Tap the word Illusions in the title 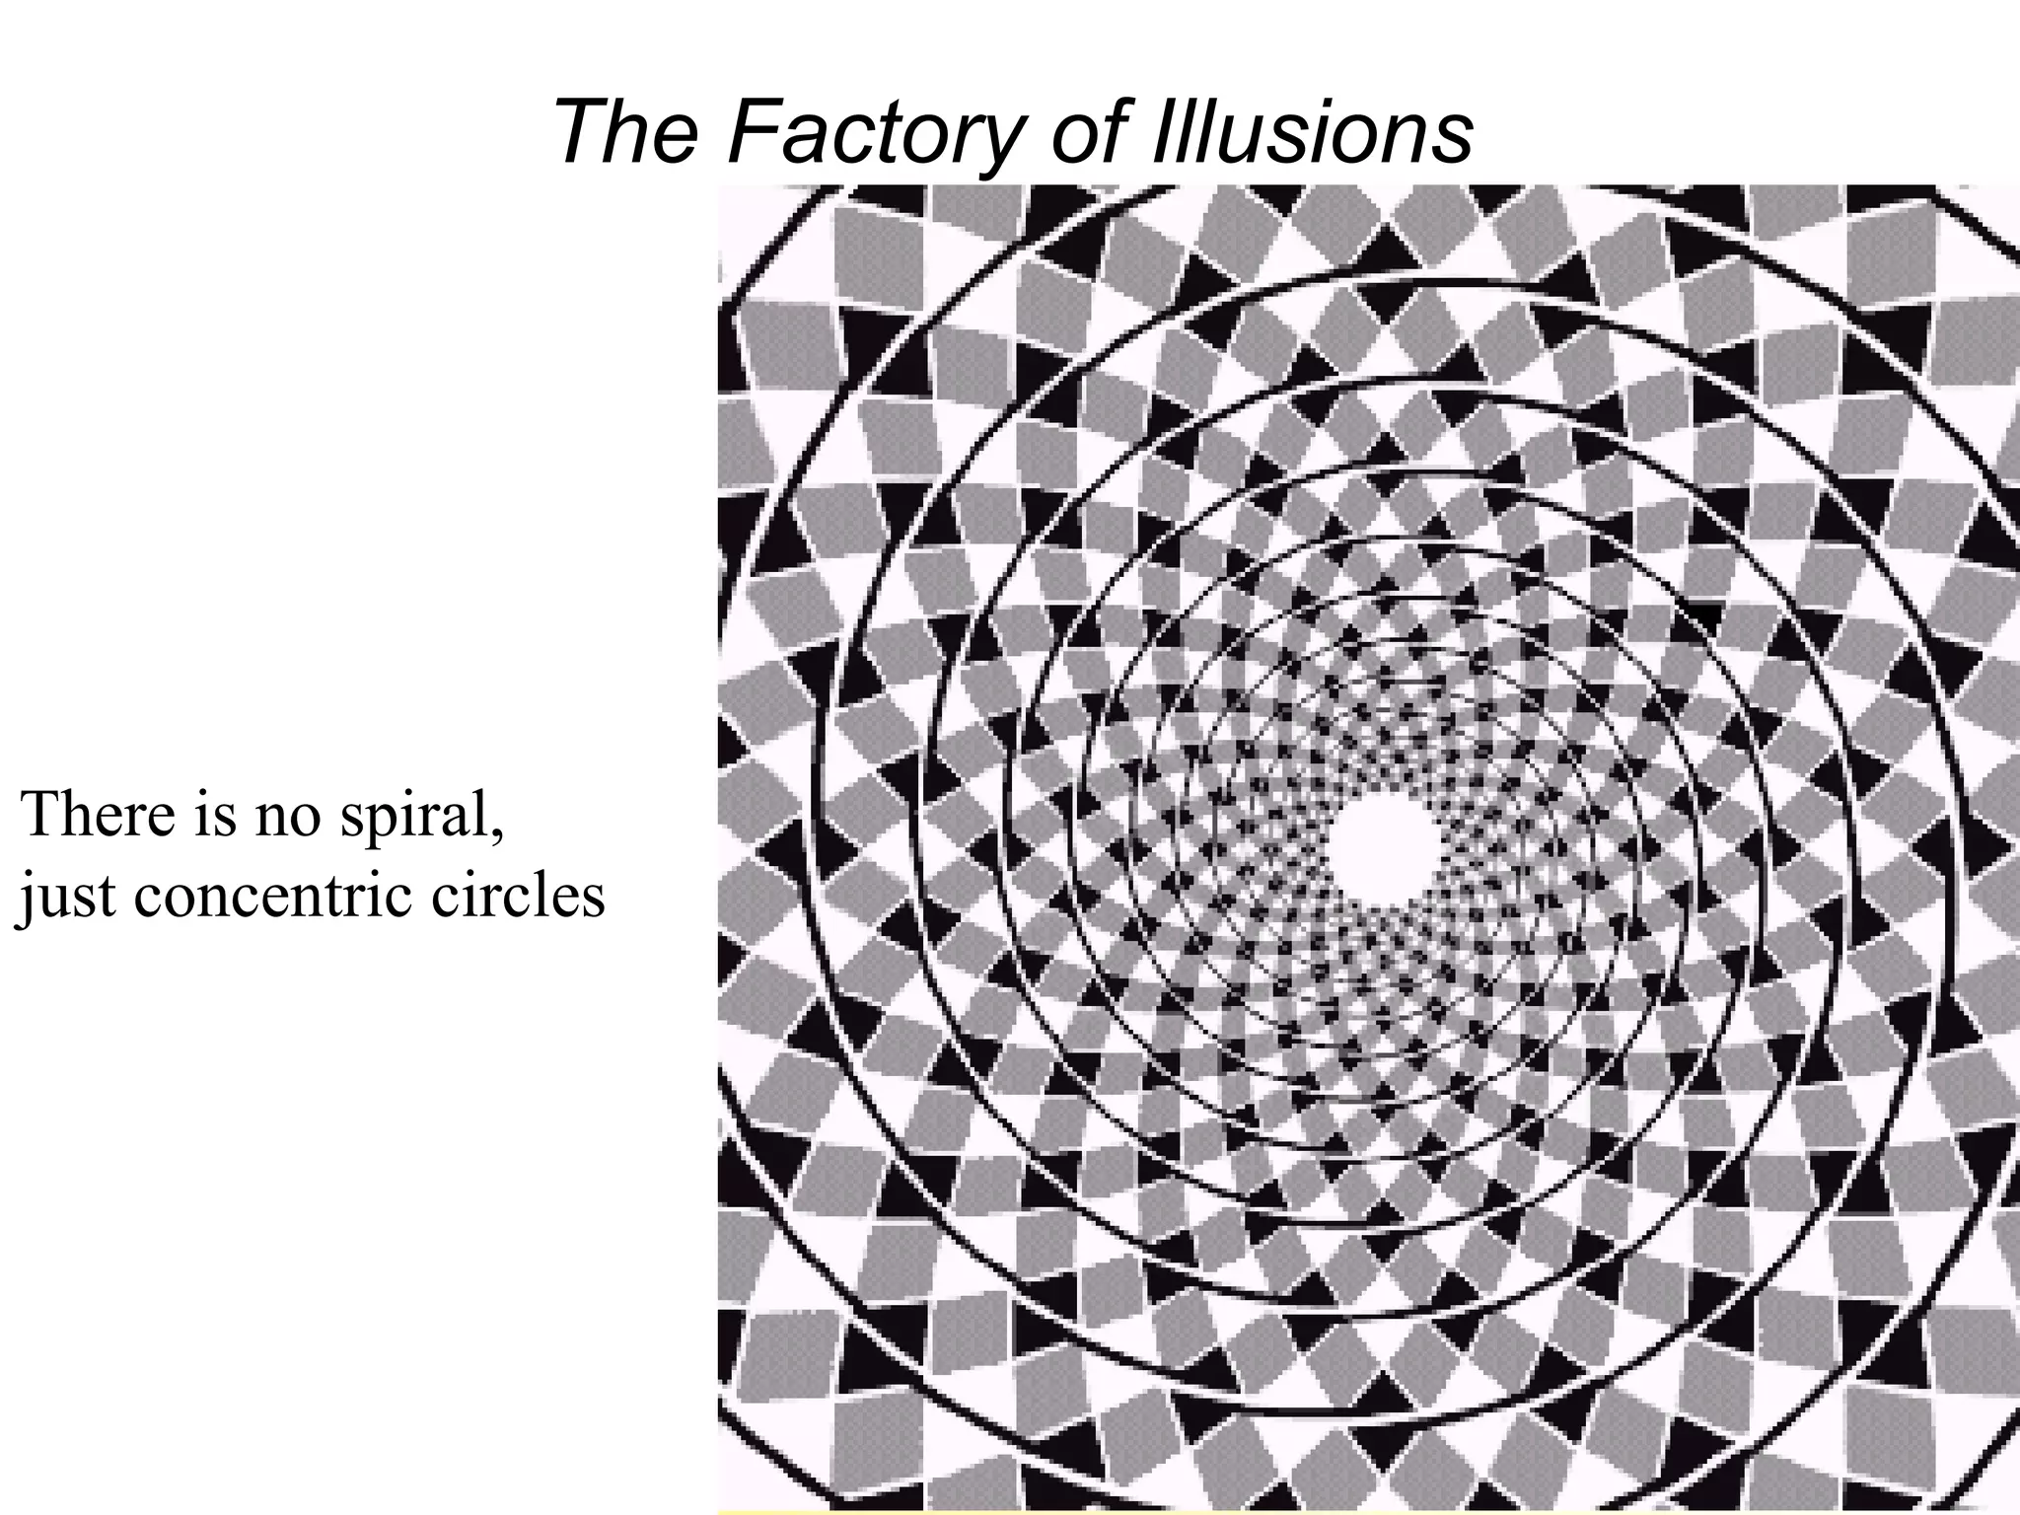pyautogui.click(x=1311, y=132)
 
